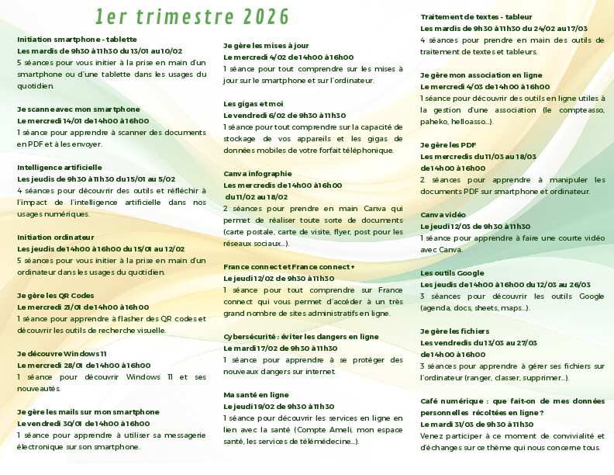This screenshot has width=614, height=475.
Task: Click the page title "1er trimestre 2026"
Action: [x=192, y=16]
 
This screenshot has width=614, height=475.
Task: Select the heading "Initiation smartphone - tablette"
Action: [x=77, y=39]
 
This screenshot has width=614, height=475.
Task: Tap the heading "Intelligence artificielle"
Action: [x=60, y=167]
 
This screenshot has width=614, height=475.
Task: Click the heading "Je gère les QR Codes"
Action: [x=56, y=295]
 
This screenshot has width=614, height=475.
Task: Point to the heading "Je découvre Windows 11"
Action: [x=62, y=353]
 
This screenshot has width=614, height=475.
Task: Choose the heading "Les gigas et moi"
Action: [x=254, y=103]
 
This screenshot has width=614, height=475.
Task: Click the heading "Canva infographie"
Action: [x=258, y=173]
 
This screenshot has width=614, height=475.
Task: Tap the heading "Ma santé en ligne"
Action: [x=256, y=394]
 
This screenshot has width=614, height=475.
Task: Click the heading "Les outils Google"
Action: [x=452, y=273]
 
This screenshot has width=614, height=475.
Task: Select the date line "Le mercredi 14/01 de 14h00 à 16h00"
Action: [x=83, y=120]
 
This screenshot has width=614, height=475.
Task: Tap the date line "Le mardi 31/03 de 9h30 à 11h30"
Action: [x=477, y=425]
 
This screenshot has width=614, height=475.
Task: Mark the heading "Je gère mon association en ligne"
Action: [x=481, y=75]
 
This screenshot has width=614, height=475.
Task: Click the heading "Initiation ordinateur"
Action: [x=56, y=237]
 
